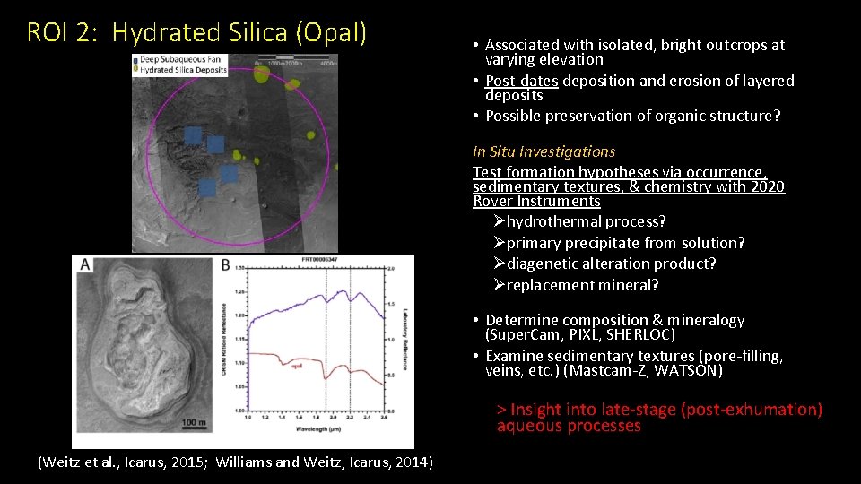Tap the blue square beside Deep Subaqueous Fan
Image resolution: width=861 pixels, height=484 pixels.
pyautogui.click(x=135, y=61)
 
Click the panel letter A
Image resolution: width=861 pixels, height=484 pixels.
pyautogui.click(x=84, y=264)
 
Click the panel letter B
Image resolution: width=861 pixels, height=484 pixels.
pyautogui.click(x=224, y=264)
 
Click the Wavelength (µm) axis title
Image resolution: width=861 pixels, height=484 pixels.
pyautogui.click(x=318, y=429)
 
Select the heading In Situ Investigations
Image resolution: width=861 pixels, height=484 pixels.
pyautogui.click(x=544, y=151)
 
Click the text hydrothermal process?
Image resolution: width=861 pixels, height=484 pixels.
pyautogui.click(x=586, y=221)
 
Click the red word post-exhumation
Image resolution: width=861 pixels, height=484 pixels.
pyautogui.click(x=751, y=410)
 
